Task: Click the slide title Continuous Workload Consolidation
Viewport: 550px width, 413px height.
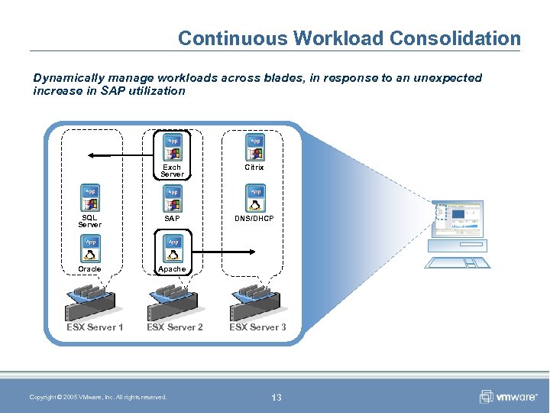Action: click(x=349, y=38)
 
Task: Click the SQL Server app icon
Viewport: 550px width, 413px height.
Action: click(x=90, y=197)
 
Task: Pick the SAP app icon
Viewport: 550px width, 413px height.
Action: click(x=173, y=197)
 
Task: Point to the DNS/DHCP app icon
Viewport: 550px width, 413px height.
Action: click(x=254, y=197)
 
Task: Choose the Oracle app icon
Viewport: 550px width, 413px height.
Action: click(x=90, y=249)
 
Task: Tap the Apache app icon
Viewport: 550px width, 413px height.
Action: click(x=173, y=249)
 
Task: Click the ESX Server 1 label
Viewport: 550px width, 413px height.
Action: click(x=95, y=327)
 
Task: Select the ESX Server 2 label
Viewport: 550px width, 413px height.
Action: click(x=175, y=327)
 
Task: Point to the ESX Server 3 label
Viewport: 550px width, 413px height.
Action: click(x=257, y=327)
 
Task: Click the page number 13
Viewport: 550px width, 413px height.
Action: click(x=277, y=397)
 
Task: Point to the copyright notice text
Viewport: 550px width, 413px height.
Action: click(x=98, y=397)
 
